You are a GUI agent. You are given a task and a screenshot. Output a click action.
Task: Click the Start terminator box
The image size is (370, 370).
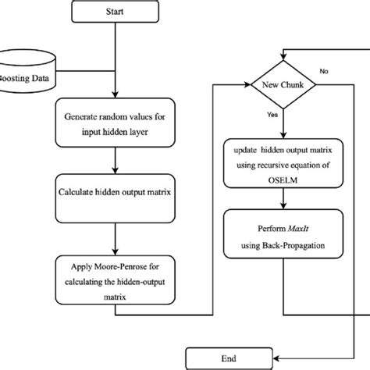coord(115,13)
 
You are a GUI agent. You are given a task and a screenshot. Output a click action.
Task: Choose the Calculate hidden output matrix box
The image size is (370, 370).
coord(115,190)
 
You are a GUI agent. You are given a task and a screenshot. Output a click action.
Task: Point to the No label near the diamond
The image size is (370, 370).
coord(325,71)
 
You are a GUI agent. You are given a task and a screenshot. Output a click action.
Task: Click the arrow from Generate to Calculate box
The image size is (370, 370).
coord(115,158)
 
